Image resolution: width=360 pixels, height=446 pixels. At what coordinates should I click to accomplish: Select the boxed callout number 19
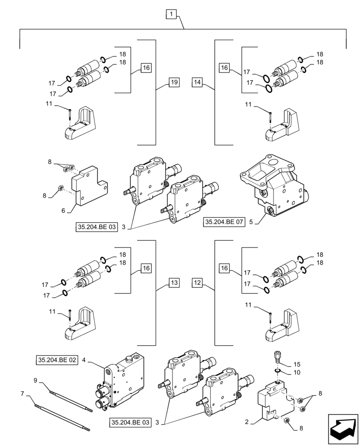(174, 82)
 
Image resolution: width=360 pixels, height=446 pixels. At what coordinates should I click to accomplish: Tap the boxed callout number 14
(198, 82)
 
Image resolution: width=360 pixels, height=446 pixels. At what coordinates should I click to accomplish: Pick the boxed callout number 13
(174, 282)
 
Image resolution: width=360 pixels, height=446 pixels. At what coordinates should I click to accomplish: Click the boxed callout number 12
(198, 282)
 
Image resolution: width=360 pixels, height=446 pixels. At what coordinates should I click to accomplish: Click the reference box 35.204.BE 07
(225, 222)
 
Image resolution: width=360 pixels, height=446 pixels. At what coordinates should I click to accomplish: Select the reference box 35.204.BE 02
(57, 359)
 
